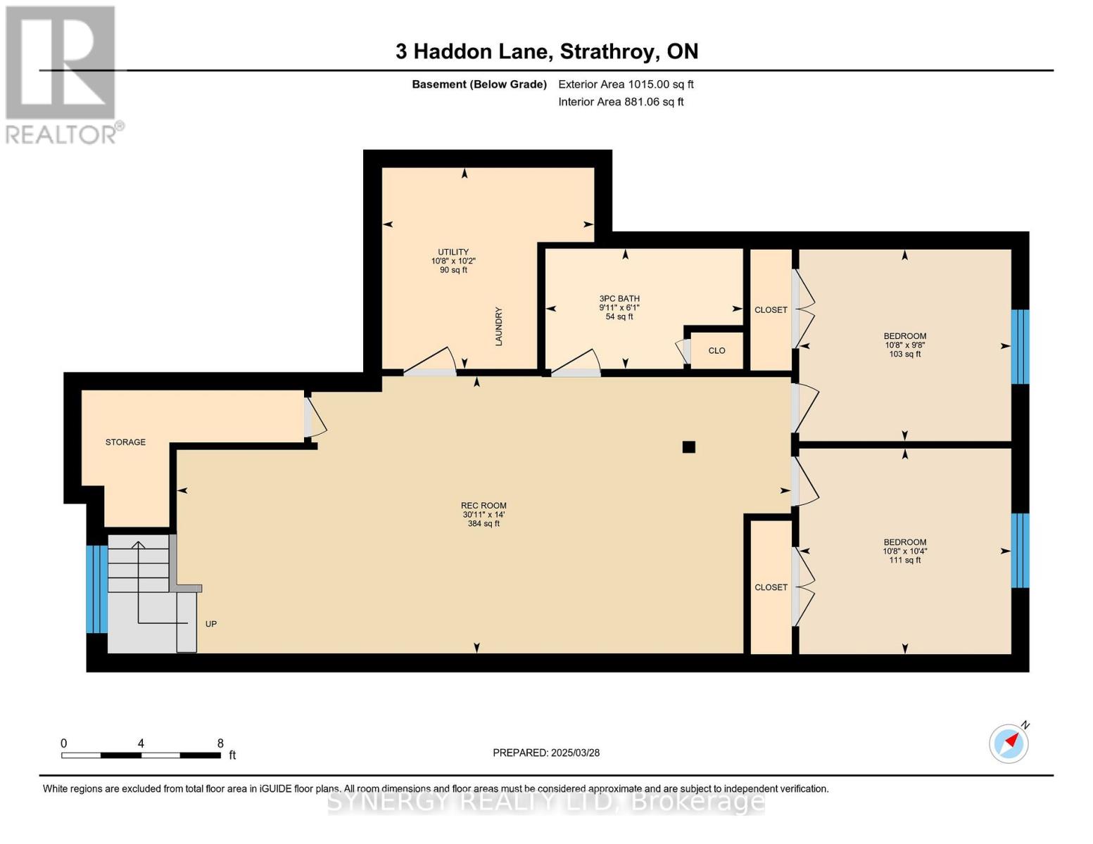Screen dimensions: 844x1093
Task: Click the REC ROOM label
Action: (484, 506)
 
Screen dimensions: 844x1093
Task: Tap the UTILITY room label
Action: (453, 252)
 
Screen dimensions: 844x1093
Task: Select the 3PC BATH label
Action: (619, 299)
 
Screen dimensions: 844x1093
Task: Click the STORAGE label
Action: (125, 442)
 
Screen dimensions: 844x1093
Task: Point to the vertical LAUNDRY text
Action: (499, 326)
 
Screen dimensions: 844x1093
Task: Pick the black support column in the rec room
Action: (689, 447)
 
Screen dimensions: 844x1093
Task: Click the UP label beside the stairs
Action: (210, 624)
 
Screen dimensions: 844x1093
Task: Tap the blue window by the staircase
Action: (96, 589)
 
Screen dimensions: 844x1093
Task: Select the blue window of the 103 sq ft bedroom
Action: (1020, 347)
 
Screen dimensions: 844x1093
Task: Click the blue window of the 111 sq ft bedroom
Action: (1020, 551)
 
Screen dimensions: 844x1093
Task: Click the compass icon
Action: (1009, 743)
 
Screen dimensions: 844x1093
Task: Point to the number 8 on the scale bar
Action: (220, 743)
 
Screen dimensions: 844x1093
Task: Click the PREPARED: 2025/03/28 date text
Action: (546, 753)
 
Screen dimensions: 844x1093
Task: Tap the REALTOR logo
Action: (62, 74)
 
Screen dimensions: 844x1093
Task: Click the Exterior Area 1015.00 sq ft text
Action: (626, 84)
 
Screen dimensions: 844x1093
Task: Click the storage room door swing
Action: (315, 418)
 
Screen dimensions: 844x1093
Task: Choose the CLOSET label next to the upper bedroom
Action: (771, 310)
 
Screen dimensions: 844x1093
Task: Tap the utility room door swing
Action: (431, 360)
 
